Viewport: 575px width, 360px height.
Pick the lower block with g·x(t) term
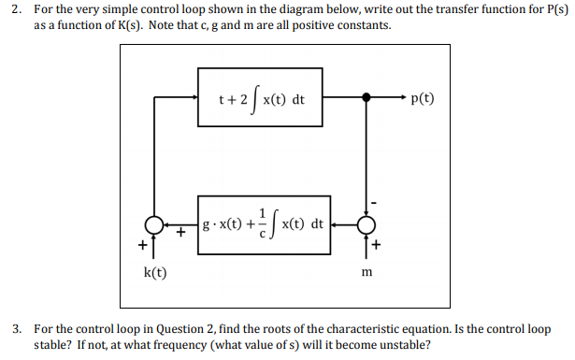[x=265, y=225]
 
